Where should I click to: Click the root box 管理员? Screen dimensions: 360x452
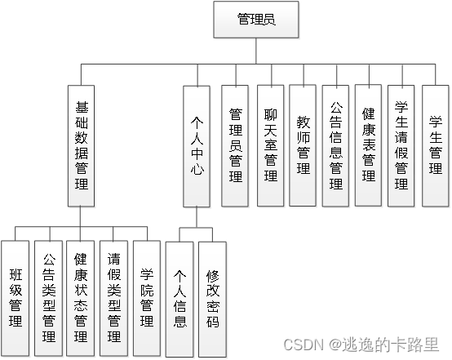pos(255,19)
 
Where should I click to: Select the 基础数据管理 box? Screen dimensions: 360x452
pos(81,144)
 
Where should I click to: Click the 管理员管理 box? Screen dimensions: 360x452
pos(236,144)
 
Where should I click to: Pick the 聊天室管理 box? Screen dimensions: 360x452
pos(269,144)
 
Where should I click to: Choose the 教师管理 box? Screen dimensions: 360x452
pos(303,144)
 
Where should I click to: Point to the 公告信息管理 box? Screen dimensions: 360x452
pos(336,144)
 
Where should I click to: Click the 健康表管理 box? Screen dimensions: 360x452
pos(369,144)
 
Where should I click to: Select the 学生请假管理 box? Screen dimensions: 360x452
pos(401,144)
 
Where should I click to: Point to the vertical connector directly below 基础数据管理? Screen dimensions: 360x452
pos(81,216)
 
